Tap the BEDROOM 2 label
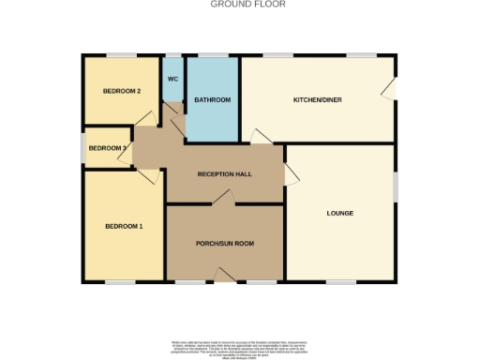pos(122,91)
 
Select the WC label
pos(172,79)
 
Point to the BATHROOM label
pos(212,99)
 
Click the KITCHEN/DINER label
pos(316,99)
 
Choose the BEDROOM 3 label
pos(107,148)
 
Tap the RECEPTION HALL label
pos(224,175)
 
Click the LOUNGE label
pos(339,214)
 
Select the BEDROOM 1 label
pos(124,227)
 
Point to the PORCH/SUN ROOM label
pos(225,244)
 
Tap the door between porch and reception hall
pos(222,197)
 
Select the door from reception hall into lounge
pos(290,172)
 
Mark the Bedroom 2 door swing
pos(144,118)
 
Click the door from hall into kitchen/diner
pos(260,137)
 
